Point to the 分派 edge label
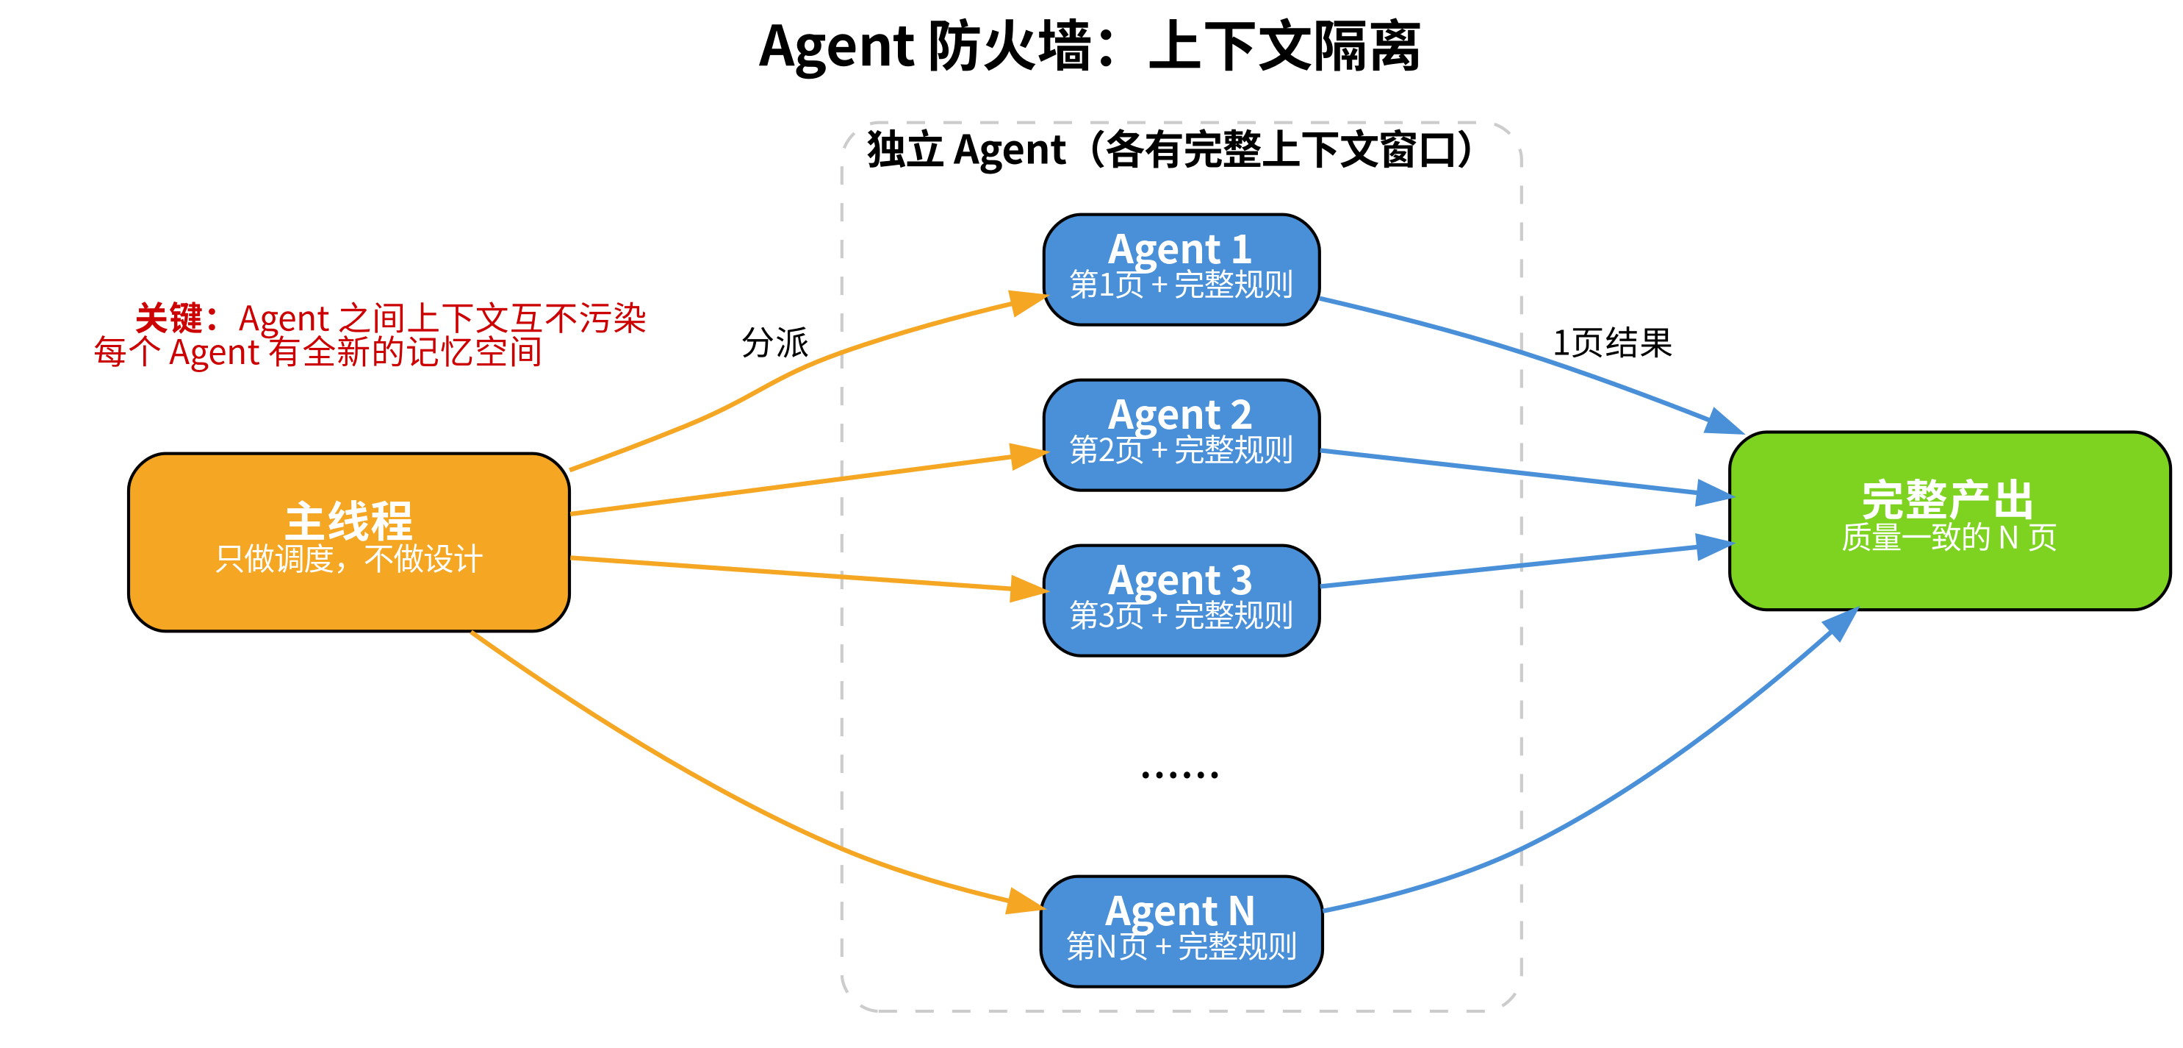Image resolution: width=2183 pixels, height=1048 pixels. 774,343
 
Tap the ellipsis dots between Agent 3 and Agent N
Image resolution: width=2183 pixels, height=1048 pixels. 1179,774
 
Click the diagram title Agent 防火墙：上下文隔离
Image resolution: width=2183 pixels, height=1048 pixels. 1090,46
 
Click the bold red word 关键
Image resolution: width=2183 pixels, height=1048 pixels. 169,318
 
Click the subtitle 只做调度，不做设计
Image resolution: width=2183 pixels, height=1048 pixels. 348,560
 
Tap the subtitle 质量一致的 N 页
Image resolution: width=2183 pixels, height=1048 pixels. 1949,538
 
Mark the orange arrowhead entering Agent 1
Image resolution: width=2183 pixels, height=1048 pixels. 1027,302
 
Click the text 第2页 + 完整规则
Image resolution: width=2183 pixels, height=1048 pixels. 1181,450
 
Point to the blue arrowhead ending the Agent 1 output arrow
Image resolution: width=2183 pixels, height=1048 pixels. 1724,422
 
